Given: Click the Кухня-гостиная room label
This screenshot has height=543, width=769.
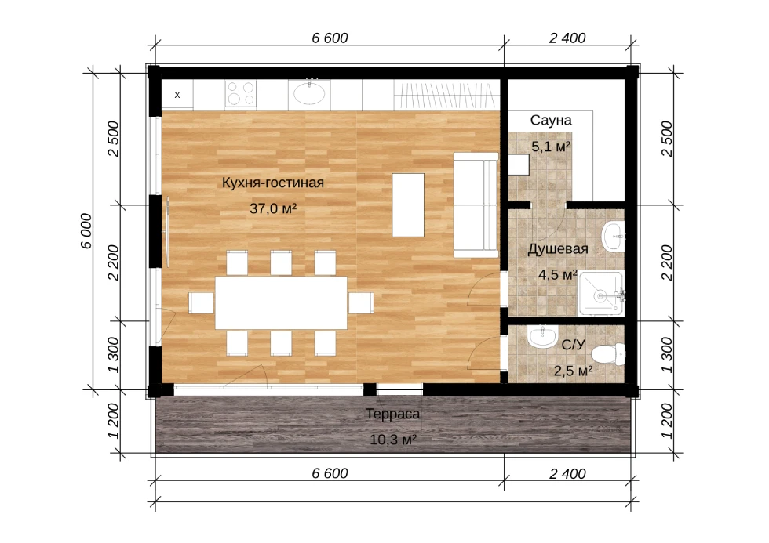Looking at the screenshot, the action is click(x=273, y=183).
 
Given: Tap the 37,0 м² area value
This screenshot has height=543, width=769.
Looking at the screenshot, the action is click(x=273, y=208).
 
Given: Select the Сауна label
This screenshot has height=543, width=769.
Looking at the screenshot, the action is click(x=551, y=121).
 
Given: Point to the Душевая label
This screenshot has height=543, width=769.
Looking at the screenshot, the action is click(x=558, y=249).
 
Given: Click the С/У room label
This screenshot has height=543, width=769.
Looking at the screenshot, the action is click(x=573, y=346).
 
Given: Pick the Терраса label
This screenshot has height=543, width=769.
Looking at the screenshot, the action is click(x=393, y=414).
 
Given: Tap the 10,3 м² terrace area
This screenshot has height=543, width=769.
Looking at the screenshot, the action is click(x=393, y=440).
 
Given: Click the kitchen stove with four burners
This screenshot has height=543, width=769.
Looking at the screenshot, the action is click(x=241, y=94).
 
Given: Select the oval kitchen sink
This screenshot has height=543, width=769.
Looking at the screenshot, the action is click(x=309, y=93).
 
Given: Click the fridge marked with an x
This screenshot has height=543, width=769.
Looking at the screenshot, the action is click(x=177, y=95).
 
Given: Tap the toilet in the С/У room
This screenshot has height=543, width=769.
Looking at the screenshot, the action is click(x=608, y=354).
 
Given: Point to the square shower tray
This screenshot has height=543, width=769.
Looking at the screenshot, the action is click(x=601, y=294).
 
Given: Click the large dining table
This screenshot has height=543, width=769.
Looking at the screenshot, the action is click(x=281, y=303).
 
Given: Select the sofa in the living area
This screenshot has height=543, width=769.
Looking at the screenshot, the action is click(x=476, y=205).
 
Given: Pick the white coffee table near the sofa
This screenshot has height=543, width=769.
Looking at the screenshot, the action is click(x=408, y=205).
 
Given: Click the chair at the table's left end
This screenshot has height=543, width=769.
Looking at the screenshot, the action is click(x=202, y=303).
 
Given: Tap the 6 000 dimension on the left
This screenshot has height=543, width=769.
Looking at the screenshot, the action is click(x=86, y=231).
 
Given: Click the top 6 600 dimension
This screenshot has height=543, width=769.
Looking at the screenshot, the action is click(x=330, y=38).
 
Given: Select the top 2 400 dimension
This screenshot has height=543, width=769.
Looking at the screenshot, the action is click(x=567, y=38).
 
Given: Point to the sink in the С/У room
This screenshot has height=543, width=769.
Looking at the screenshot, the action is click(x=542, y=337).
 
